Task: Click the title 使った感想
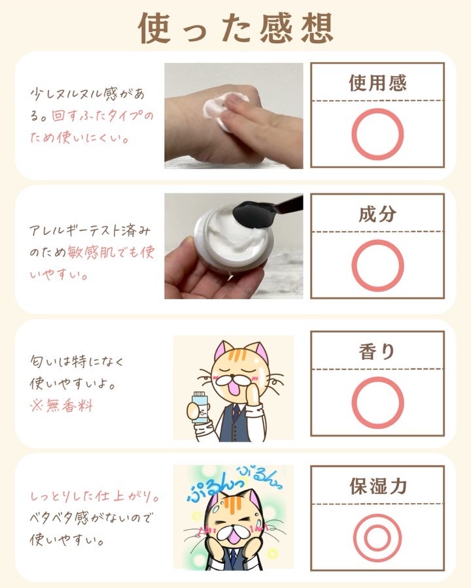coord(236,29)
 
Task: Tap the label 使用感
coord(377,83)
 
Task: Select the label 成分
coord(377,214)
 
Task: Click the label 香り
coord(377,351)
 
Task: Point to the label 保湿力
coord(378,486)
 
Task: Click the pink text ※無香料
coord(61,406)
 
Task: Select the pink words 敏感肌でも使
coord(111,252)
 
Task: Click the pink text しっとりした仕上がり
coord(95,497)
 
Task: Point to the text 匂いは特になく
coord(77,361)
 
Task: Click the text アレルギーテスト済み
coord(90,231)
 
